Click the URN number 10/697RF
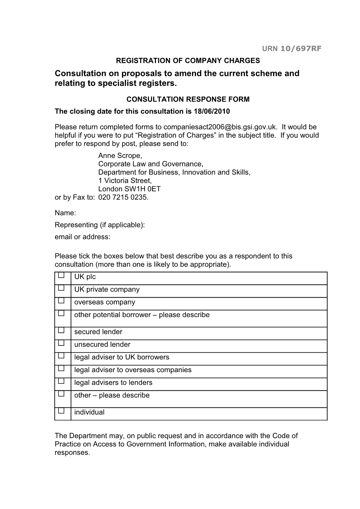[301, 49]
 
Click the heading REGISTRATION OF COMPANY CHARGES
[188, 60]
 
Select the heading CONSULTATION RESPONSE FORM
[188, 99]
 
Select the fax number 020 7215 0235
[123, 197]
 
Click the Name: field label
[65, 213]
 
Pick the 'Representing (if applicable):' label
[100, 225]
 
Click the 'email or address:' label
[82, 237]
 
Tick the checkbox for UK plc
[61, 275]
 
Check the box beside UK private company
[61, 288]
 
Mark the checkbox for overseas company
[61, 301]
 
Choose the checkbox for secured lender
[61, 330]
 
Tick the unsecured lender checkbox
[61, 343]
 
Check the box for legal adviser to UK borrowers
[61, 356]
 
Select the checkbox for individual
[61, 411]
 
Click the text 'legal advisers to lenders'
[113, 382]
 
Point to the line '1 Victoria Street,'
[125, 181]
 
